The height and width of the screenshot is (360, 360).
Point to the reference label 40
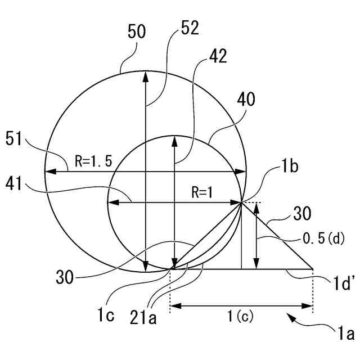[246, 100]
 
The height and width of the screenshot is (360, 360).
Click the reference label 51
[16, 138]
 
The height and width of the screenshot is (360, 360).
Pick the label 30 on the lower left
[67, 277]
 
